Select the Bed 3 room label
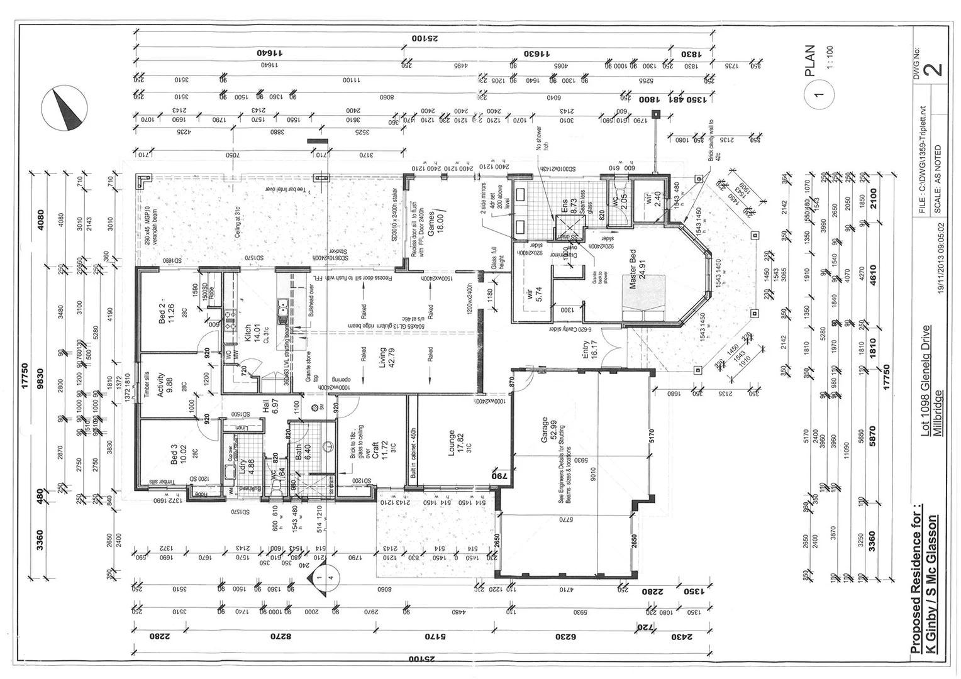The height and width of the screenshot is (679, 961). pyautogui.click(x=174, y=455)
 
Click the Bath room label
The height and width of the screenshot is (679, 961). pyautogui.click(x=299, y=452)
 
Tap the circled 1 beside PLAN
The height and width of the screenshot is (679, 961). pyautogui.click(x=818, y=95)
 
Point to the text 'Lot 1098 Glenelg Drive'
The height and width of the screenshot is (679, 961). pyautogui.click(x=925, y=380)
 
